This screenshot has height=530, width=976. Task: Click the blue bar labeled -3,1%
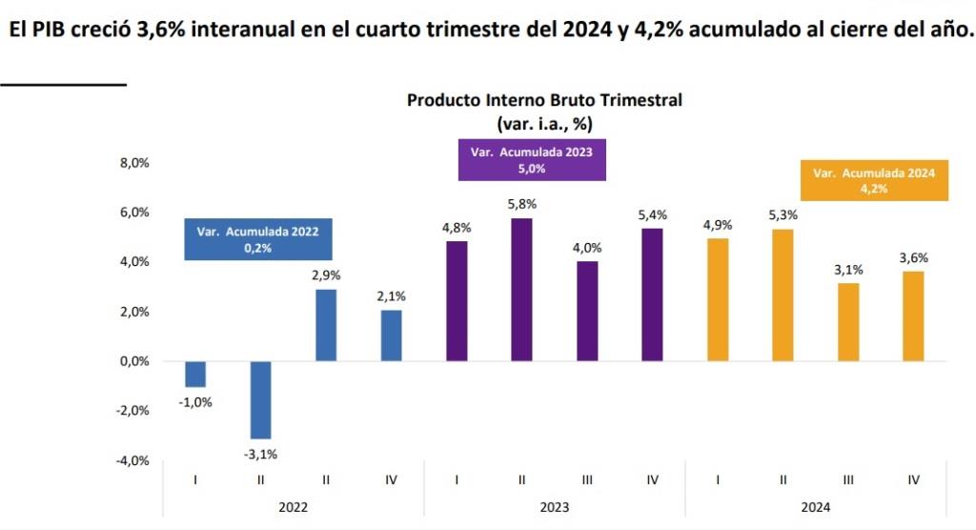tap(260, 399)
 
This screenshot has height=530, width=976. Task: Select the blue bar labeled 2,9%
tap(326, 325)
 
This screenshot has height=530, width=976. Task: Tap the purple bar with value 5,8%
tap(522, 290)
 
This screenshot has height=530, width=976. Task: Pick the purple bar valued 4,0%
tap(587, 311)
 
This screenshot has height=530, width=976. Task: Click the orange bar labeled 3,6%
tap(913, 316)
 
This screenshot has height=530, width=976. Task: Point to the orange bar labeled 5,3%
tap(783, 296)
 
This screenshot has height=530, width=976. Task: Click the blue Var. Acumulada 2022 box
tap(257, 238)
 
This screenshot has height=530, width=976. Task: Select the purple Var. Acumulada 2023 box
tap(532, 160)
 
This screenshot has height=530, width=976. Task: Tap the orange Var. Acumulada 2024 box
tap(874, 180)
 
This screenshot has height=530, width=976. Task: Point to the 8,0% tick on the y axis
tap(134, 163)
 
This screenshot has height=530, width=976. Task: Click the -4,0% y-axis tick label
tap(133, 460)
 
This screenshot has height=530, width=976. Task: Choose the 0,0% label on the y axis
tap(134, 361)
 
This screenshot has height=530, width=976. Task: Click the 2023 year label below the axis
tap(554, 507)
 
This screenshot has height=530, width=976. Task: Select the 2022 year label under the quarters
tap(294, 507)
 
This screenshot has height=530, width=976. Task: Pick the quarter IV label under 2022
tap(391, 479)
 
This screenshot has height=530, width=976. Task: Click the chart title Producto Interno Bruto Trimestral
tap(544, 100)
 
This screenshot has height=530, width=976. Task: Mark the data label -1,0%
tap(195, 401)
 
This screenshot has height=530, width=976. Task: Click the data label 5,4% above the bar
tap(653, 215)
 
